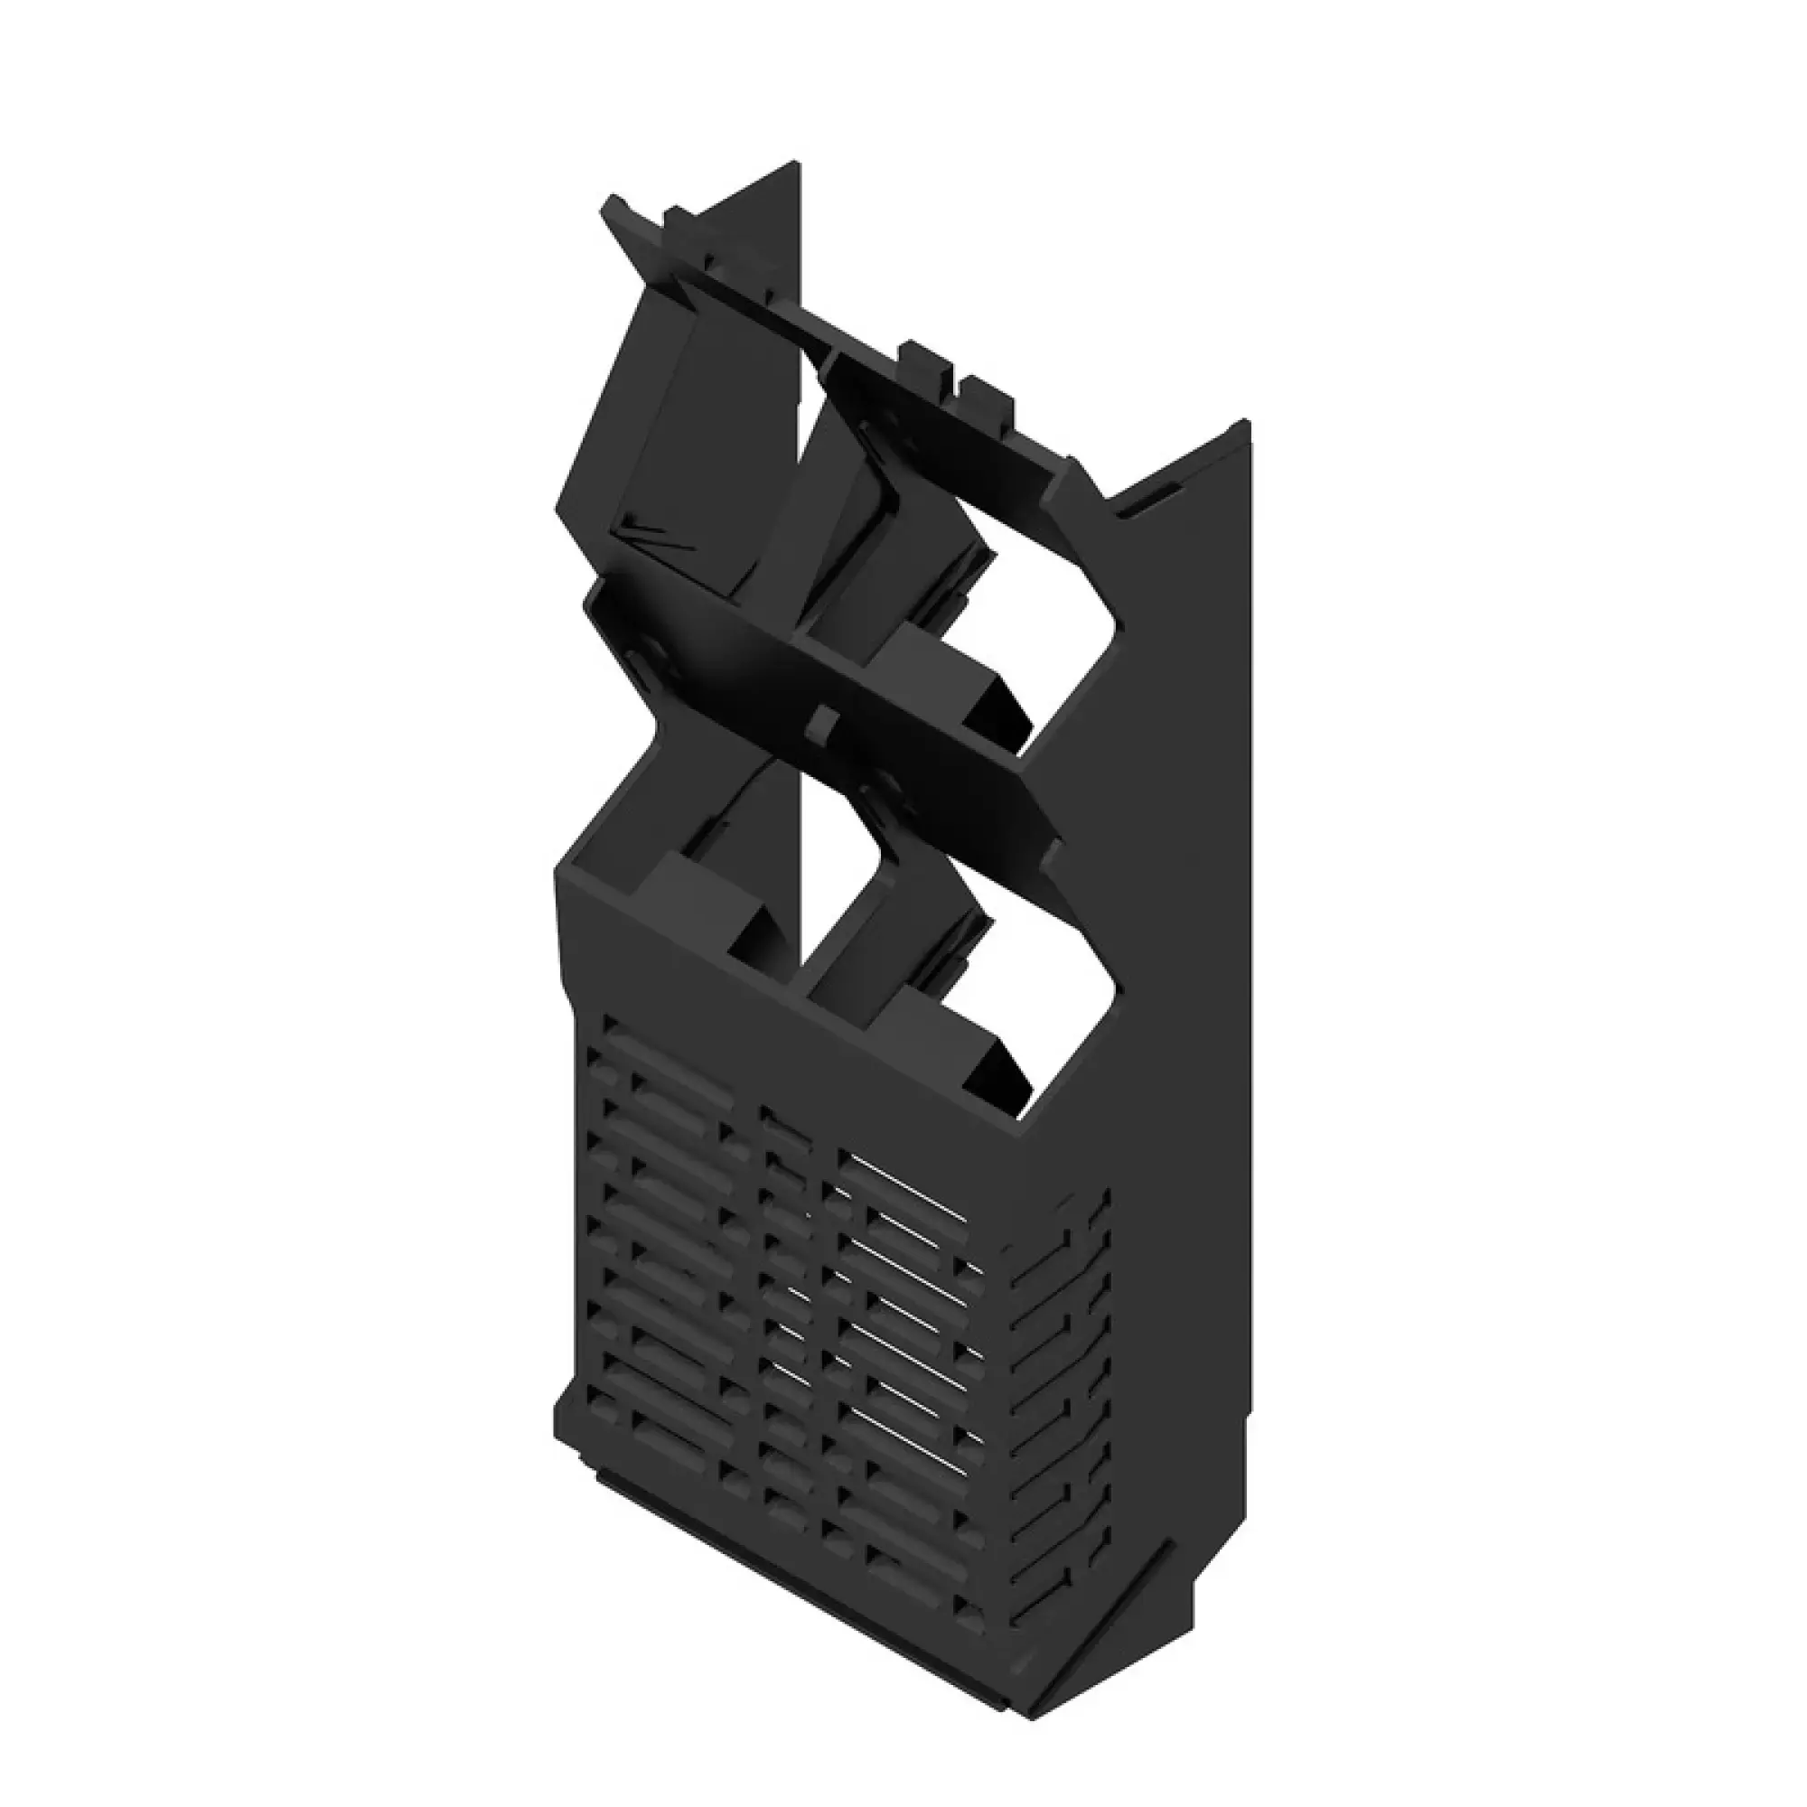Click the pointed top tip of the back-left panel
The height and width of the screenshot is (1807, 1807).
click(798, 164)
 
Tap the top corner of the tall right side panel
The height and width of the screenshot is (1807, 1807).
click(1248, 424)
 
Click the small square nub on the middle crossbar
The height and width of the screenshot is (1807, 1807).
click(822, 719)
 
